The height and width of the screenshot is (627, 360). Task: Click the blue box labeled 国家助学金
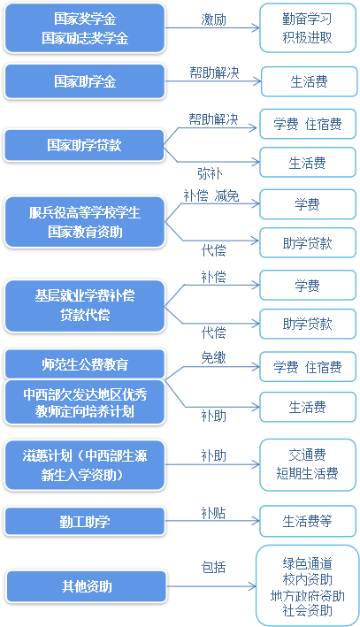pos(85,81)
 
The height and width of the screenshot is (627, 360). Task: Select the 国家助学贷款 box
pos(84,145)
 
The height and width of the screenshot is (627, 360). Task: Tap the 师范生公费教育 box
pos(85,363)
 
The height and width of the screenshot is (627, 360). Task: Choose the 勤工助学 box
pos(85,522)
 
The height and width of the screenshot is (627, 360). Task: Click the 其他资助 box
pos(87,586)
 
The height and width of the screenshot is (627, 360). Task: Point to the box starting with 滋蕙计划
pos(85,465)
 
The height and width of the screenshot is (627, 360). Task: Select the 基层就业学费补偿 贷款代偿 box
pos(85,306)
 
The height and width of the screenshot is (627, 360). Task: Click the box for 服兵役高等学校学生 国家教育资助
pos(85,222)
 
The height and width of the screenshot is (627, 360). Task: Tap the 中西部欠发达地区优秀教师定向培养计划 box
pos(85,402)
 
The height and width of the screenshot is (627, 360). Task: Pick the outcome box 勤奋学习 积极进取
pos(308,28)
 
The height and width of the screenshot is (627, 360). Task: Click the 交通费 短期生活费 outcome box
pos(308,464)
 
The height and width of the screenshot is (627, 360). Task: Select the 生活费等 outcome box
pos(308,521)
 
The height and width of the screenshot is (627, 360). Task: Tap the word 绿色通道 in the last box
pos(307,563)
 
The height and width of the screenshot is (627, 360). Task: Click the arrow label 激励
pos(213,20)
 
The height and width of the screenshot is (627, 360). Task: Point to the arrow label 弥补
pos(210,173)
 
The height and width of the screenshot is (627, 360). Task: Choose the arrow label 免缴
pos(213,357)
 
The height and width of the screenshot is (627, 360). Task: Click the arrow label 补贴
pos(213,513)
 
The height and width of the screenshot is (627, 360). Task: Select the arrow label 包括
pos(213,567)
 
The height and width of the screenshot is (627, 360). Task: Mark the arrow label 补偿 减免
pos(211,196)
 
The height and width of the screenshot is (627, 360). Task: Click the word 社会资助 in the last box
pos(307,610)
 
